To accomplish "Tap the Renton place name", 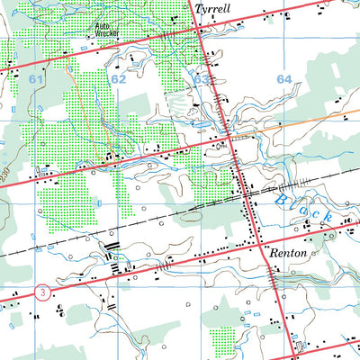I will pyautogui.click(x=287, y=255).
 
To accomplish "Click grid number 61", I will pyautogui.click(x=36, y=81).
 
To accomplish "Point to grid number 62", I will pyautogui.click(x=119, y=80).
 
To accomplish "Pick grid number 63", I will pyautogui.click(x=201, y=80).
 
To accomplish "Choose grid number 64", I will pyautogui.click(x=284, y=80).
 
